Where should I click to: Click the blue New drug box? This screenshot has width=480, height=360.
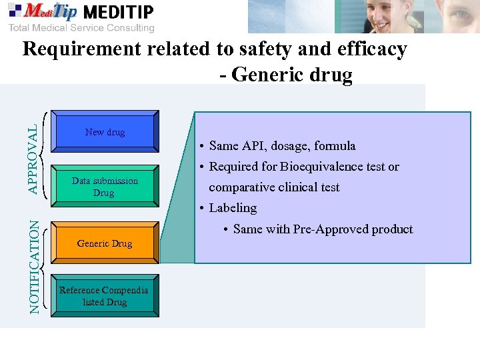pyautogui.click(x=105, y=132)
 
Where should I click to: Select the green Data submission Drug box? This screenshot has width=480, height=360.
pyautogui.click(x=105, y=187)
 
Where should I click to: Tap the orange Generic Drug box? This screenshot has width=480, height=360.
pyautogui.click(x=105, y=243)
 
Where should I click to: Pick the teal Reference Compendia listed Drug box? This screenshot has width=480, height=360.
pyautogui.click(x=104, y=296)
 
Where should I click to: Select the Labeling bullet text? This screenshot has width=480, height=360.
pyautogui.click(x=233, y=208)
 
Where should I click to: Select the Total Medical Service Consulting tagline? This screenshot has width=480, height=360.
pyautogui.click(x=81, y=28)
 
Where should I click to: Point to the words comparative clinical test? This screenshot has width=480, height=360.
pyautogui.click(x=274, y=187)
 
